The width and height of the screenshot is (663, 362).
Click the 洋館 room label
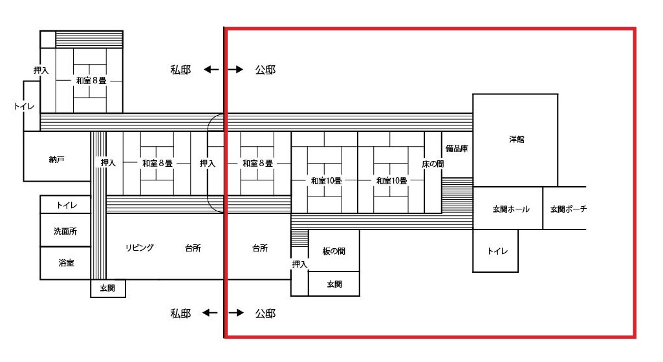[x=517, y=140]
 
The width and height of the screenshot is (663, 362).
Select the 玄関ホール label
[x=511, y=209]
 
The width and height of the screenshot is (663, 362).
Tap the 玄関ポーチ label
[x=569, y=209]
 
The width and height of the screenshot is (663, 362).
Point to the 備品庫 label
[x=457, y=148]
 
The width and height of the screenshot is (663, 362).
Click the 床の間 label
[x=433, y=164]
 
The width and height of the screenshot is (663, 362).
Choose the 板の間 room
[x=334, y=250]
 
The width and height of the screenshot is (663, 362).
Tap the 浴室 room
[x=65, y=262]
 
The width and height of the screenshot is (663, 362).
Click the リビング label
[x=140, y=248]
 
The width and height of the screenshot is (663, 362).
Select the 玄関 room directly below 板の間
[x=334, y=283]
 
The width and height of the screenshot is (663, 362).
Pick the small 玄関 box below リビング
[x=108, y=288]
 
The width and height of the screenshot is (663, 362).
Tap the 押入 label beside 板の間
[x=299, y=264]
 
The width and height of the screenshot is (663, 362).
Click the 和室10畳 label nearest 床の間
[x=391, y=181]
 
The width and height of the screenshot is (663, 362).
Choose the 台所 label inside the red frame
[x=260, y=248]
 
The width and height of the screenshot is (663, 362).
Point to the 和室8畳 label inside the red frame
[x=257, y=163]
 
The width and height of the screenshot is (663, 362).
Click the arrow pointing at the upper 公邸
[x=236, y=69]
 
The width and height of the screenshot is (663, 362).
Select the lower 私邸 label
[x=180, y=314]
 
